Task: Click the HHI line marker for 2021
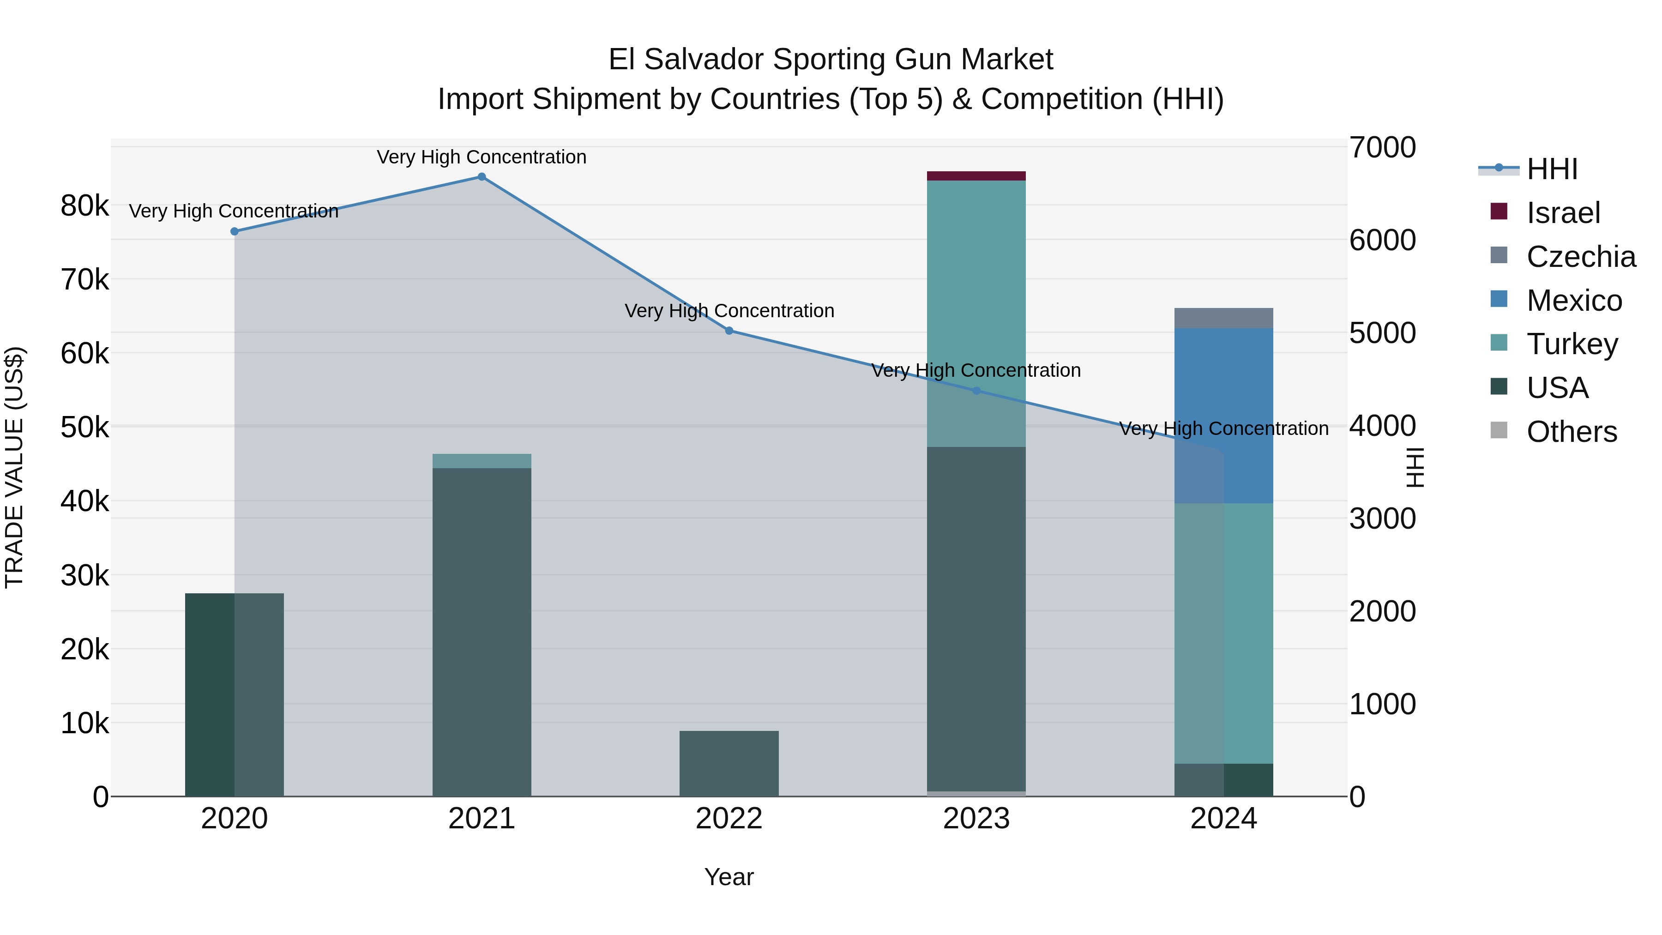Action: click(x=482, y=176)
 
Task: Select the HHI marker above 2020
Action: click(x=234, y=231)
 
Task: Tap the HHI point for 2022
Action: click(x=729, y=331)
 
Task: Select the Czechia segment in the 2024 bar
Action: click(x=1223, y=318)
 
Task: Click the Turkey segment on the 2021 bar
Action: click(x=482, y=461)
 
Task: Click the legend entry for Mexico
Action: click(x=1574, y=300)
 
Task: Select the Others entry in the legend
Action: click(x=1571, y=432)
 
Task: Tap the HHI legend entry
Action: click(x=1552, y=169)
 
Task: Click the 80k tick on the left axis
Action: click(x=84, y=206)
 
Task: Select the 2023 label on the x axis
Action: click(x=976, y=819)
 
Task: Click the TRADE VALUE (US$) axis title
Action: click(x=14, y=467)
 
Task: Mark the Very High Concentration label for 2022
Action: click(x=729, y=311)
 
